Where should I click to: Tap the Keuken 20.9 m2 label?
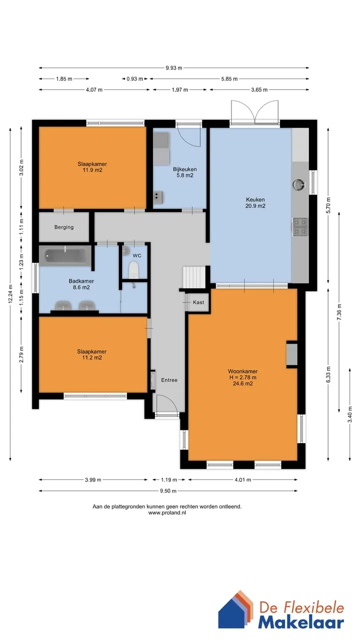pyautogui.click(x=255, y=202)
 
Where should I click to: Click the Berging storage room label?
pyautogui.click(x=64, y=227)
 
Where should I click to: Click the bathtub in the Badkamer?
pyautogui.click(x=65, y=256)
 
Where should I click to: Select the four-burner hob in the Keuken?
pyautogui.click(x=299, y=227)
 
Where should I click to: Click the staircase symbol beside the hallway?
pyautogui.click(x=194, y=277)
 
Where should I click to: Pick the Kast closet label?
pyautogui.click(x=198, y=302)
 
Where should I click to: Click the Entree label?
pyautogui.click(x=169, y=380)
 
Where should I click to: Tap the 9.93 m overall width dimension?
pyautogui.click(x=173, y=68)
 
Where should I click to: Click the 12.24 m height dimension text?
pyautogui.click(x=10, y=293)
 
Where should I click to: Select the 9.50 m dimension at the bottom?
pyautogui.click(x=168, y=491)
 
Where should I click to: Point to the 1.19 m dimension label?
pyautogui.click(x=169, y=479)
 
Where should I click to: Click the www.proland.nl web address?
pyautogui.click(x=167, y=512)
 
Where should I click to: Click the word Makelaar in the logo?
pyautogui.click(x=301, y=623)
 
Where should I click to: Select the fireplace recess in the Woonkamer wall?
pyautogui.click(x=291, y=354)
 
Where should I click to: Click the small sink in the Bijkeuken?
pyautogui.click(x=157, y=197)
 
